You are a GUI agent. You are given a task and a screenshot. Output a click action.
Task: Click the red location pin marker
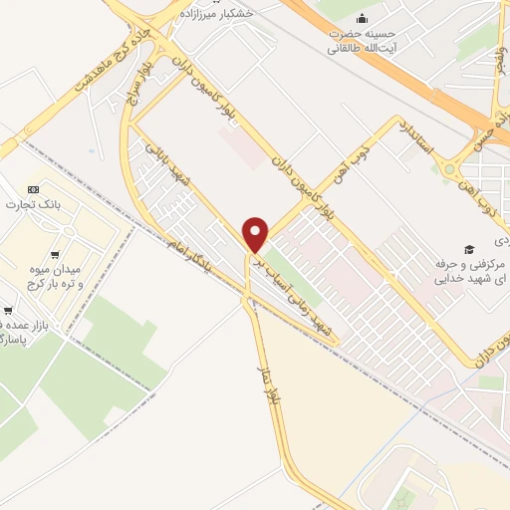257,235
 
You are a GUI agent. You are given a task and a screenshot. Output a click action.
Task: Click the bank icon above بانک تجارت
33,189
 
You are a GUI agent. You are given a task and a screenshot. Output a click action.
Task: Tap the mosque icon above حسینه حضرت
362,18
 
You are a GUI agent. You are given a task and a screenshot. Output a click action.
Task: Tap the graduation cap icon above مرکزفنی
469,248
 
